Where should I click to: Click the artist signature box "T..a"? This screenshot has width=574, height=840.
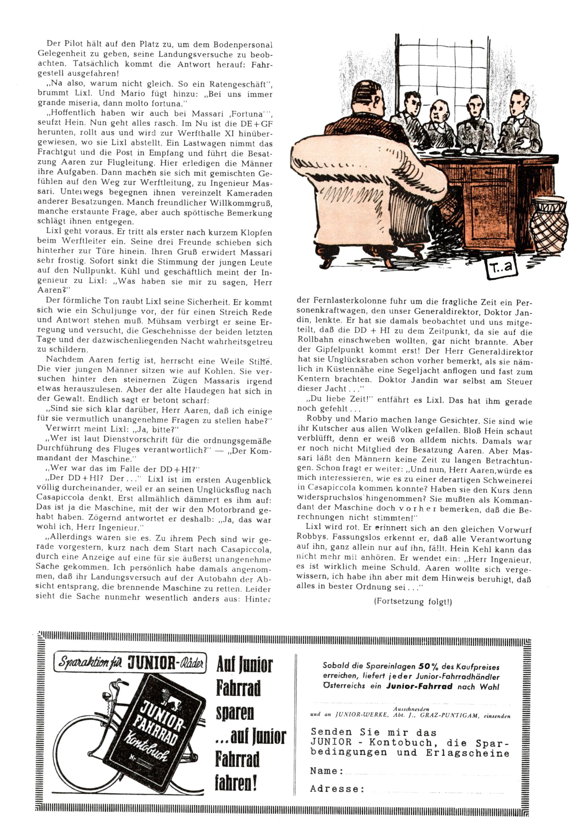point(501,268)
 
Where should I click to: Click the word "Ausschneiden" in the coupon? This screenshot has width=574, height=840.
point(411,709)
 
